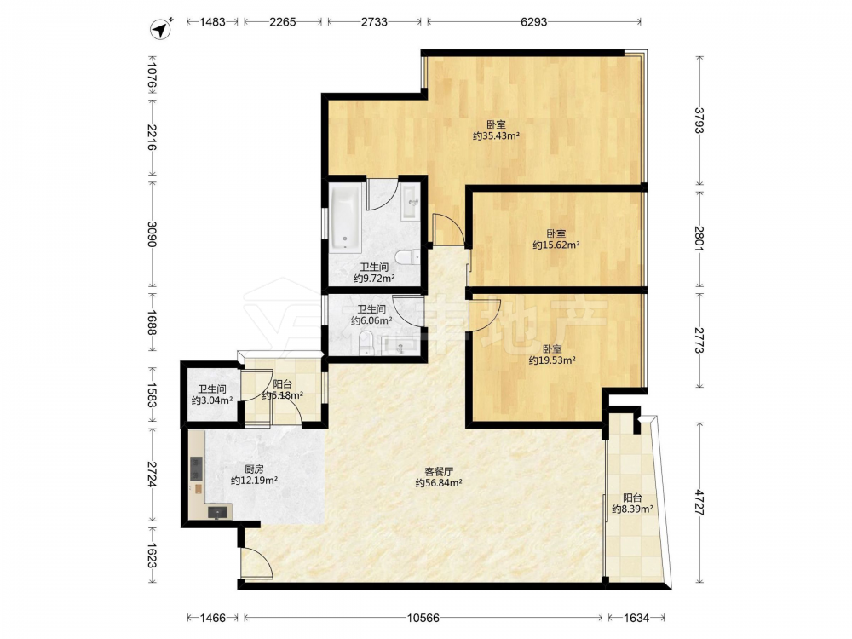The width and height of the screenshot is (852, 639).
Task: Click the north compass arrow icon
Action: tap(161, 28)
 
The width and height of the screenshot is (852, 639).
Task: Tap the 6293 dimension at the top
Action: tap(533, 22)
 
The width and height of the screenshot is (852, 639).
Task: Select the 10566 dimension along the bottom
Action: tap(423, 618)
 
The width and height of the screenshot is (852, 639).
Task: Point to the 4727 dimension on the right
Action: tap(699, 504)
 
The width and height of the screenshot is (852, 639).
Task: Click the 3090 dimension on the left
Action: tap(153, 234)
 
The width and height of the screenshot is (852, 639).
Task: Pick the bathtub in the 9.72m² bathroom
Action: tap(346, 217)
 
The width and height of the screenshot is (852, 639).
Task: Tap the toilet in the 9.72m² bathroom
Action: tap(407, 256)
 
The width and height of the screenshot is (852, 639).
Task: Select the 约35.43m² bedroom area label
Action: tap(496, 135)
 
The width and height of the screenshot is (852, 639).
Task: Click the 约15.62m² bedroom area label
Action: tap(556, 245)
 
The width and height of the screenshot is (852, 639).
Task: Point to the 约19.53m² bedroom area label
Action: tap(552, 360)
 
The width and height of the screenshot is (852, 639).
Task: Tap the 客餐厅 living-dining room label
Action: tap(439, 471)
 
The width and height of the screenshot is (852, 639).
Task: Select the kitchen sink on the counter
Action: tap(219, 512)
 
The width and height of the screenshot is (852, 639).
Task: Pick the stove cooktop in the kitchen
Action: tap(196, 469)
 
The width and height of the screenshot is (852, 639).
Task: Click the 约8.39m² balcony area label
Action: tap(632, 509)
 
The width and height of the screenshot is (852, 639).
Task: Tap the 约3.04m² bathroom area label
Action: tap(212, 400)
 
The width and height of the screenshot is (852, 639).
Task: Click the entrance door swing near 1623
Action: tap(256, 563)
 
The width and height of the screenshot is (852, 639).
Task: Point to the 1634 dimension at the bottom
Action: tap(636, 618)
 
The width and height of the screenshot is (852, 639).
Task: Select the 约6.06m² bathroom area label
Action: tap(371, 320)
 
